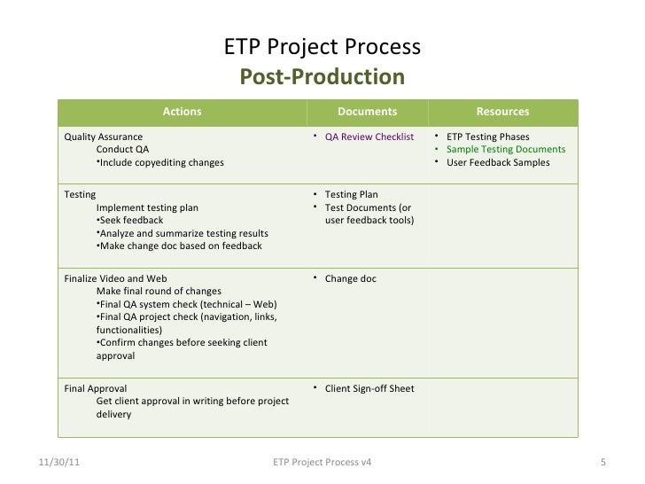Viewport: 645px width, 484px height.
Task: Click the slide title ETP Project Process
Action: point(322,47)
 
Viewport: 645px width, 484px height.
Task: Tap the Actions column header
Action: point(182,112)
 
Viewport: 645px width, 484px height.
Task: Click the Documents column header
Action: point(367,112)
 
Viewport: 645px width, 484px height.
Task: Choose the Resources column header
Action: point(502,112)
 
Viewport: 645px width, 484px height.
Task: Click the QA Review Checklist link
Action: point(369,137)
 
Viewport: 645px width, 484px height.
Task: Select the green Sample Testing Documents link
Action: point(506,150)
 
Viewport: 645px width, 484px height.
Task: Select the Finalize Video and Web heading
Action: point(115,278)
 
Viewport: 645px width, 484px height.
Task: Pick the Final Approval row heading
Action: point(96,388)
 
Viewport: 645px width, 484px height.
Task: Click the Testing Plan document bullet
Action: point(351,194)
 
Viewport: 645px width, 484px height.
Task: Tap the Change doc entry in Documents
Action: point(350,278)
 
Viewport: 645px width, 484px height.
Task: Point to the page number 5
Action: point(602,463)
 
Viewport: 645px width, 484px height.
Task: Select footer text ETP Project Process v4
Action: point(322,463)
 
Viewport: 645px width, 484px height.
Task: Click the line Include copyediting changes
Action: point(159,163)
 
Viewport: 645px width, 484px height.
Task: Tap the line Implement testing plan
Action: point(147,207)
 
